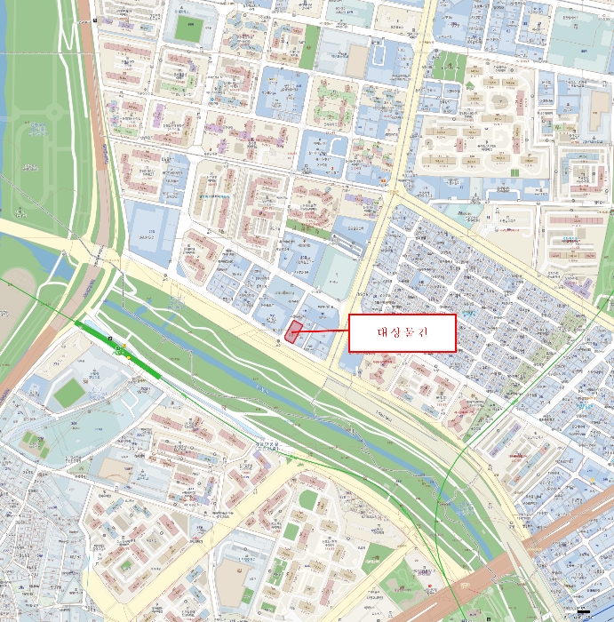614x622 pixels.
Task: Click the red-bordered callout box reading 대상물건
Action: pyautogui.click(x=402, y=332)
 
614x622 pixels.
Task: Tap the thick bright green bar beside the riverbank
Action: pyautogui.click(x=116, y=348)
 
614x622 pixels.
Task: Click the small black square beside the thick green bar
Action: pyautogui.click(x=110, y=339)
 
